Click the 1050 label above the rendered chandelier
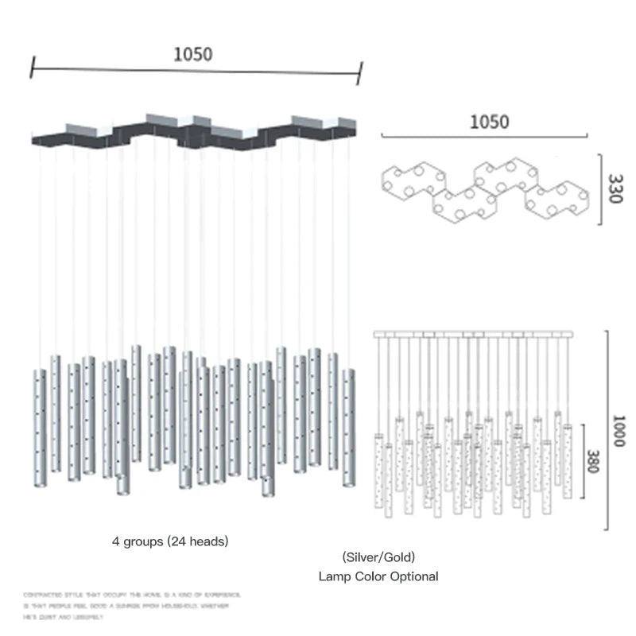[x=192, y=54]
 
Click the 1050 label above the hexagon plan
[x=489, y=122]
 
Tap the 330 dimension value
[x=614, y=188]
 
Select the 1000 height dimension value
[x=620, y=430]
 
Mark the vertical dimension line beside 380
[x=584, y=459]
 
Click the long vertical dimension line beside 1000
[x=607, y=429]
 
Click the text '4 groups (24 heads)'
[x=170, y=541]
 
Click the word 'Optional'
[x=412, y=576]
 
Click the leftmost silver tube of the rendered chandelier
[x=39, y=430]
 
